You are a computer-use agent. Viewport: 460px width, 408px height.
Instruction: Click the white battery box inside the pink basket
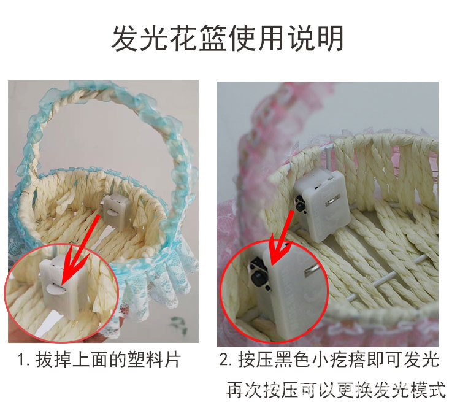[322, 202]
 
